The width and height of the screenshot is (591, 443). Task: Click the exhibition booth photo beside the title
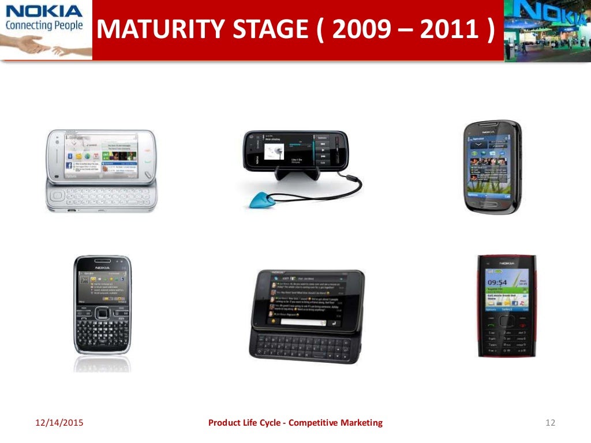[547, 30]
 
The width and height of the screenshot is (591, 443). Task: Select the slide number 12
[549, 423]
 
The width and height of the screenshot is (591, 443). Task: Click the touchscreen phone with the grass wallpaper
[492, 167]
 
